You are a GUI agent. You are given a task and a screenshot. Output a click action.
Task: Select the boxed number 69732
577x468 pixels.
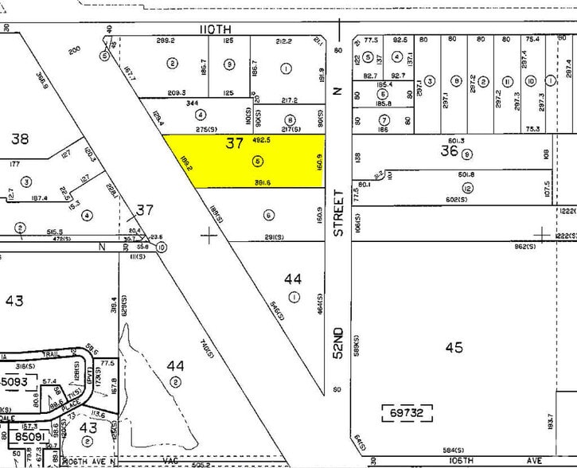(408, 413)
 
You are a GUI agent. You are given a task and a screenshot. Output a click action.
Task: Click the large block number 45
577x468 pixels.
(454, 348)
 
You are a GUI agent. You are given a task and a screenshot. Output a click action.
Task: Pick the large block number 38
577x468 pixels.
(20, 138)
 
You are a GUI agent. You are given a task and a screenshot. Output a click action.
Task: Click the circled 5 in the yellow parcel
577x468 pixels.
(256, 161)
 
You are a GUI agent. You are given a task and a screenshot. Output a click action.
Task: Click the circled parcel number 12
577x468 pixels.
(467, 188)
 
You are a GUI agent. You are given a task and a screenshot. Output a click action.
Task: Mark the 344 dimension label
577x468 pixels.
(191, 103)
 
